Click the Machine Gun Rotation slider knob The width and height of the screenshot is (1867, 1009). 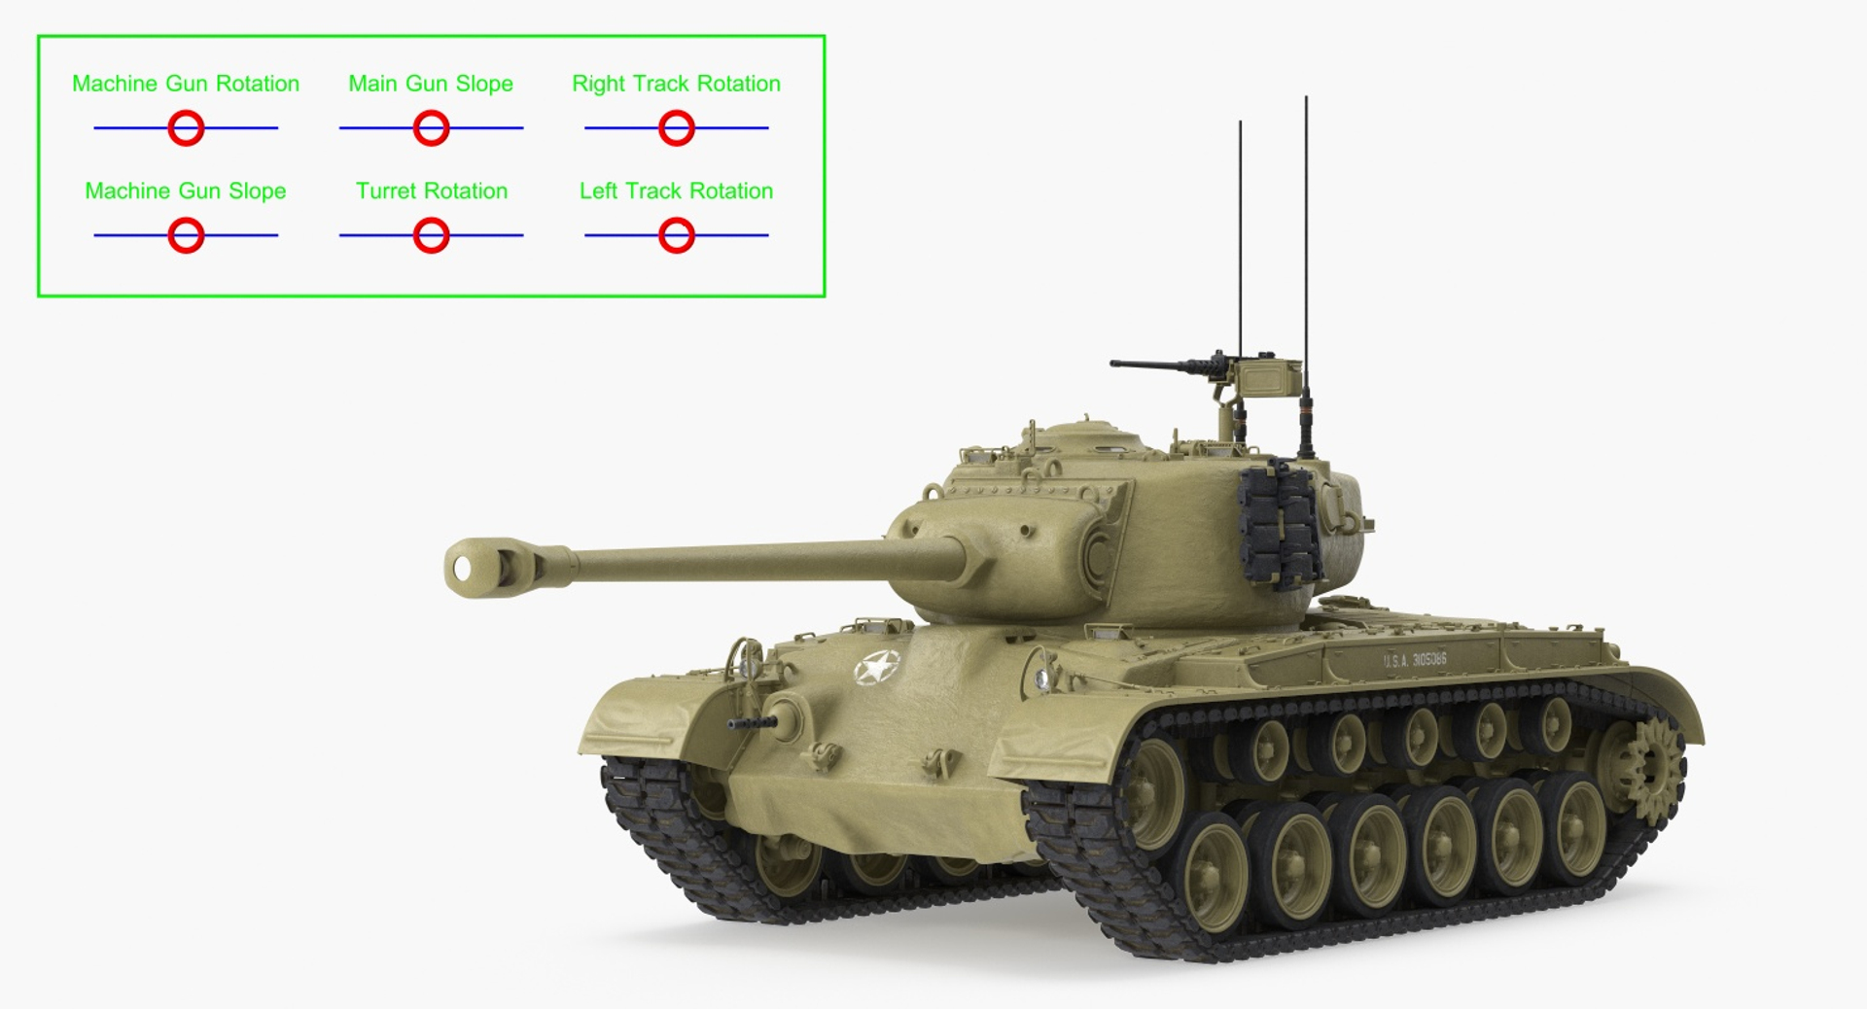click(x=186, y=127)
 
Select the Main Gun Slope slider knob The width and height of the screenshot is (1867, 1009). click(x=431, y=127)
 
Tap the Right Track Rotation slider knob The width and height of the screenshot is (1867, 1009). click(x=676, y=127)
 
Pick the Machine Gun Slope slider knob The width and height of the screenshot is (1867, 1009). click(x=186, y=235)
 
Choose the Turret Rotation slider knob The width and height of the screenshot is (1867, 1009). click(x=431, y=235)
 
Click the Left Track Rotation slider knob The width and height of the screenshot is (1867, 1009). click(x=676, y=235)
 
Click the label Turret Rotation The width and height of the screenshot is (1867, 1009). click(x=431, y=191)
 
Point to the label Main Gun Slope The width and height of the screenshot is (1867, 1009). click(x=431, y=84)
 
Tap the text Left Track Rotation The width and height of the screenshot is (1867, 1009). click(x=676, y=191)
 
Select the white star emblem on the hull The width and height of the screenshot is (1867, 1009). click(x=876, y=668)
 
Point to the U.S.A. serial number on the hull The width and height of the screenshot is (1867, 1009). click(x=1415, y=660)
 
